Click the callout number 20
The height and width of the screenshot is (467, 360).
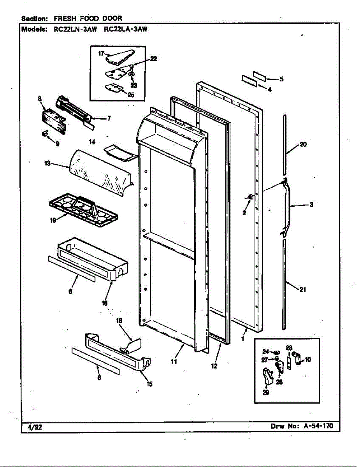(x=304, y=144)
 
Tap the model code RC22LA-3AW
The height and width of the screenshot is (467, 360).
(x=126, y=28)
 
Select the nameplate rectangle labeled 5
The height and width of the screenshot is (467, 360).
(x=260, y=75)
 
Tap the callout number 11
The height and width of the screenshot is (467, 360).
(x=174, y=362)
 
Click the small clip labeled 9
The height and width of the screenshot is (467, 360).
(x=45, y=134)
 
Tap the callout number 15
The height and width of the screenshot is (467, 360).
(x=149, y=384)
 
